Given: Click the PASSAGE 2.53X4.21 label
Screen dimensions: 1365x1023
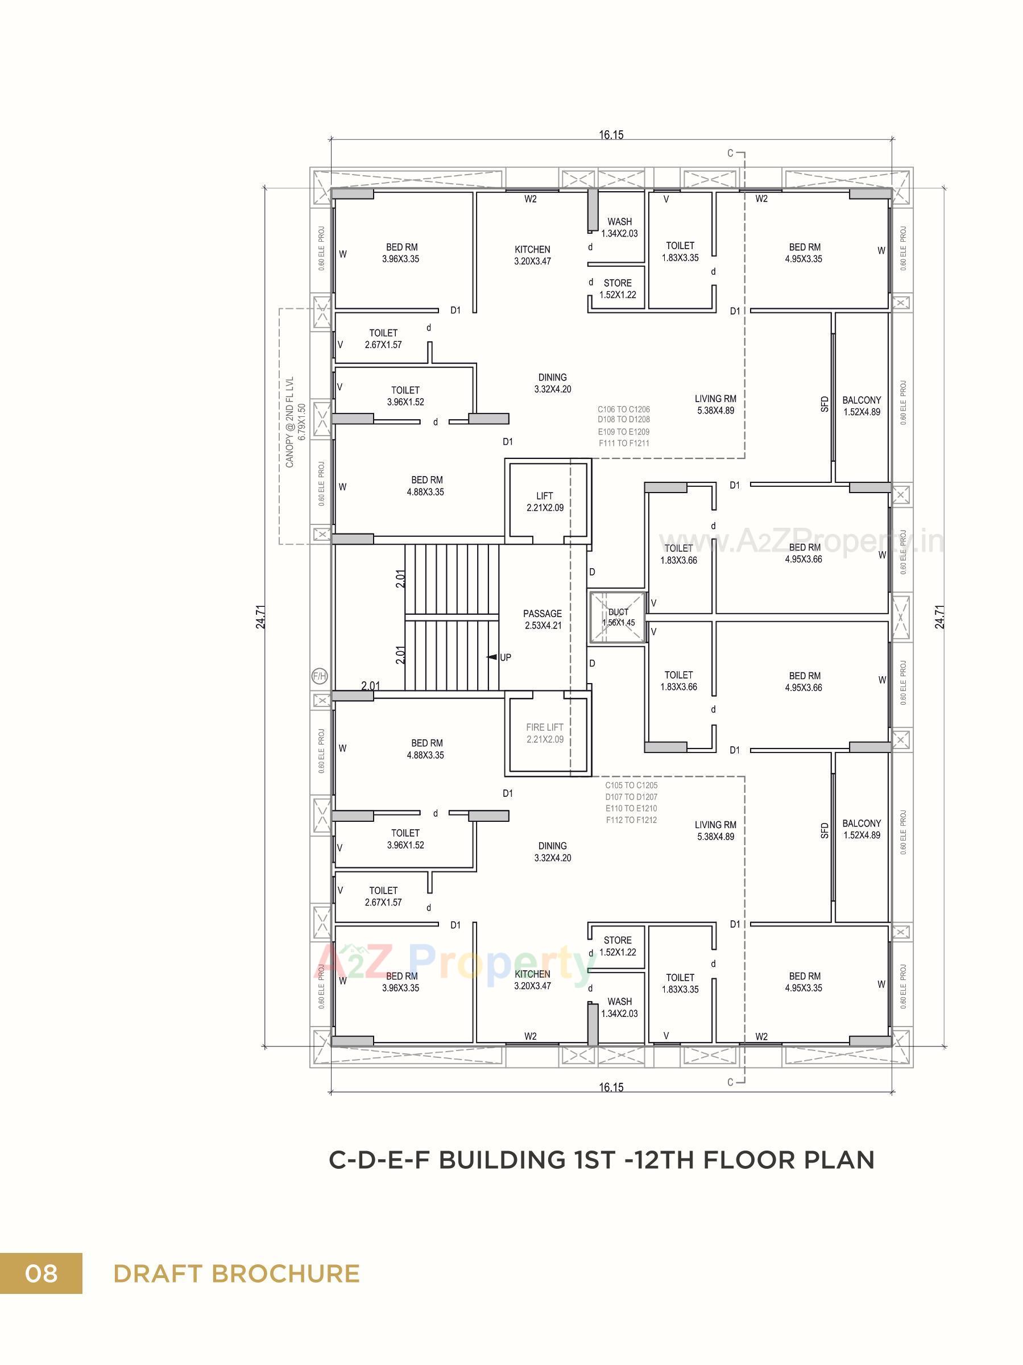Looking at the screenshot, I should pos(542,619).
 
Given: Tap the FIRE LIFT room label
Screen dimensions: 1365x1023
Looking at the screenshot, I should pos(544,733).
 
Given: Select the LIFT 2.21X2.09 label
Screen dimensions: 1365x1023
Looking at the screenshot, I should pos(544,502).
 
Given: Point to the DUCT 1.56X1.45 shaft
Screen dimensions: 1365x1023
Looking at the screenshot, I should pos(618,618).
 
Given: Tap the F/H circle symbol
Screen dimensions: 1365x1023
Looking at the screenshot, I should pos(320,676).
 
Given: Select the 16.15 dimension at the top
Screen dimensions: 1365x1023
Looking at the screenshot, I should pos(610,135).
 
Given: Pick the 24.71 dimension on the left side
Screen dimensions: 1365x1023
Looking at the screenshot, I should pos(261,616).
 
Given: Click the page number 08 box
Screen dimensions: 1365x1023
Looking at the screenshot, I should pos(41,1273).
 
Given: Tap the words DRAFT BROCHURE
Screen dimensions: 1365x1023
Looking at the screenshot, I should pos(237,1273).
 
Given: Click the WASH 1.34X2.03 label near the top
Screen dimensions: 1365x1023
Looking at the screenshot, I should pos(619,227).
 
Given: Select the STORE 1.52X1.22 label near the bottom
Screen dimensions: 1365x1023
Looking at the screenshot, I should pos(618,946).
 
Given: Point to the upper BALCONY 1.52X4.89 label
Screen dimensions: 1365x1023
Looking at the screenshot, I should pos(862,406).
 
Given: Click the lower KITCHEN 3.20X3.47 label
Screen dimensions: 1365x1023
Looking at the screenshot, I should pos(532,979).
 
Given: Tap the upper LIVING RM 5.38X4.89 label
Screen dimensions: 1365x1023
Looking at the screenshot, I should pos(715,404).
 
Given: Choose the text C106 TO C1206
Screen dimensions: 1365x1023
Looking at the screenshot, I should pos(623,409).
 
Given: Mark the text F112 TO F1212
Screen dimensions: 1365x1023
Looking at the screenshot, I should pos(631,820).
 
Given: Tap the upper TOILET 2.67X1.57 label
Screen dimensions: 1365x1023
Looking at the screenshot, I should pos(383,339).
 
